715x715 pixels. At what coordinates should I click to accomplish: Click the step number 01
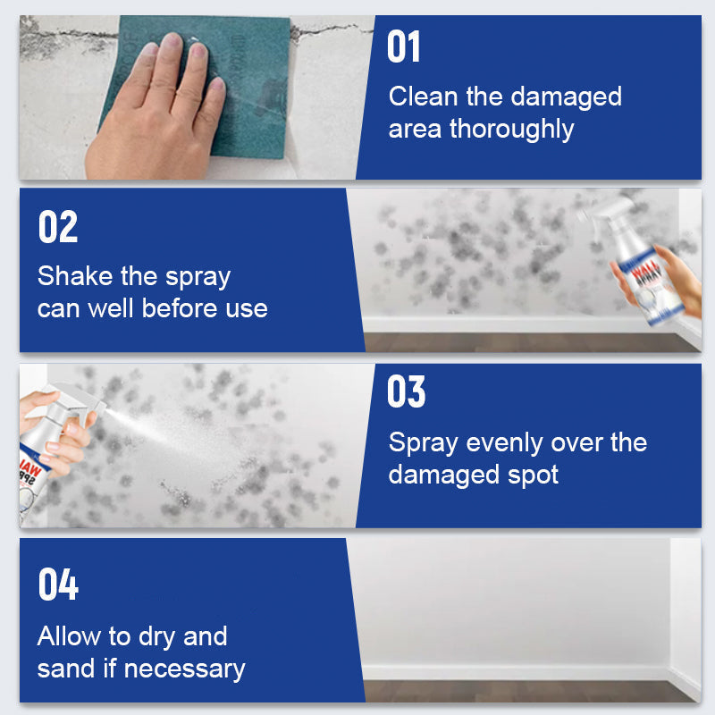tap(404, 46)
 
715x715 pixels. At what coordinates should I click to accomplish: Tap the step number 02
tap(58, 227)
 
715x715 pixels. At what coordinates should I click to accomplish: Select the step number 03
tap(407, 392)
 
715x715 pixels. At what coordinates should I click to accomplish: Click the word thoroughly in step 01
tap(511, 129)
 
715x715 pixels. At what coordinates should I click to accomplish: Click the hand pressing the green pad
tap(156, 107)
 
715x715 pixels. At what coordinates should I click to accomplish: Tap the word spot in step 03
tap(532, 475)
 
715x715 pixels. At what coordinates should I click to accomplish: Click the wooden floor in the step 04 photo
tap(518, 691)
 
